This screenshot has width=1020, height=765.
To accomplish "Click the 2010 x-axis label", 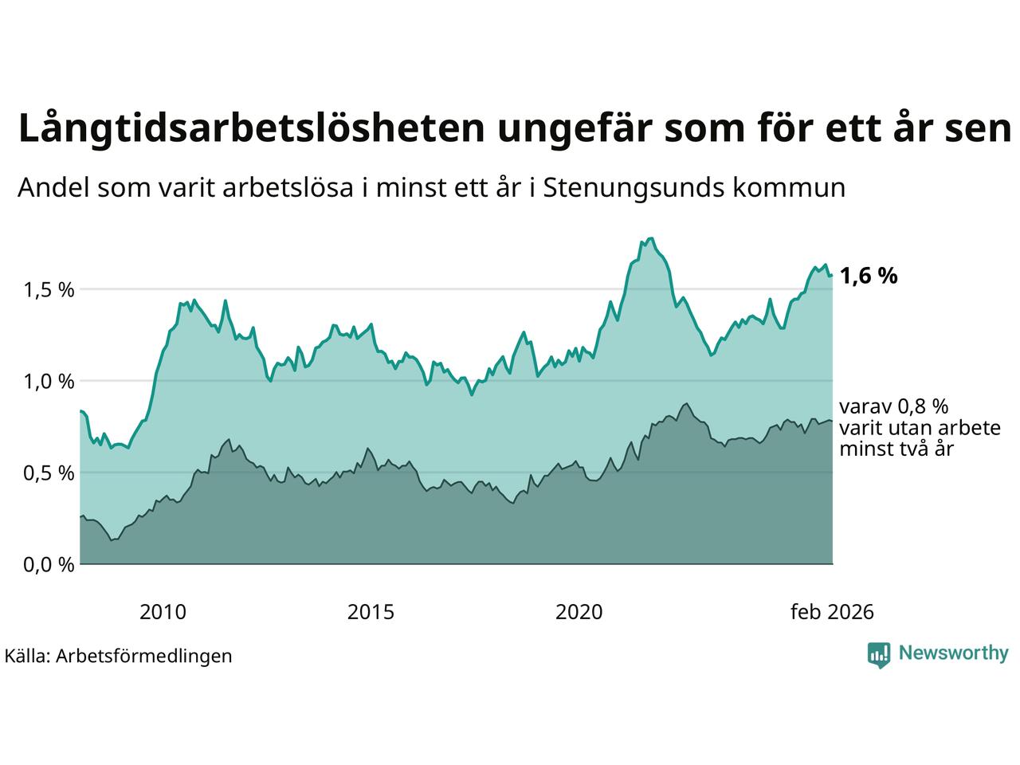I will click(x=163, y=612).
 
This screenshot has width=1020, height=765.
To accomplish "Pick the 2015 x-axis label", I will click(x=371, y=612).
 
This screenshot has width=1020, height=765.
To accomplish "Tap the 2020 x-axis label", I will click(x=579, y=612).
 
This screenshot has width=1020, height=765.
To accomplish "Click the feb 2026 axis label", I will click(x=832, y=612).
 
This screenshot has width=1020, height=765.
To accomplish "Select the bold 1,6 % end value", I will click(x=869, y=277).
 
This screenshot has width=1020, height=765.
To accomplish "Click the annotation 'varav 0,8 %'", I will click(x=893, y=406).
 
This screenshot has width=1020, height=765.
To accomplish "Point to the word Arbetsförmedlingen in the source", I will click(x=144, y=656).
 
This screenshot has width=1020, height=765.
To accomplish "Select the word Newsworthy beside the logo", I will click(x=953, y=653).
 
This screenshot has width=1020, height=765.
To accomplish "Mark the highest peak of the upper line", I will click(x=650, y=238).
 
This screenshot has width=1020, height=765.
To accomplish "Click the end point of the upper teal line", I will click(x=832, y=276).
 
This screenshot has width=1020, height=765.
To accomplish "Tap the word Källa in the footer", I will click(x=27, y=656).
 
